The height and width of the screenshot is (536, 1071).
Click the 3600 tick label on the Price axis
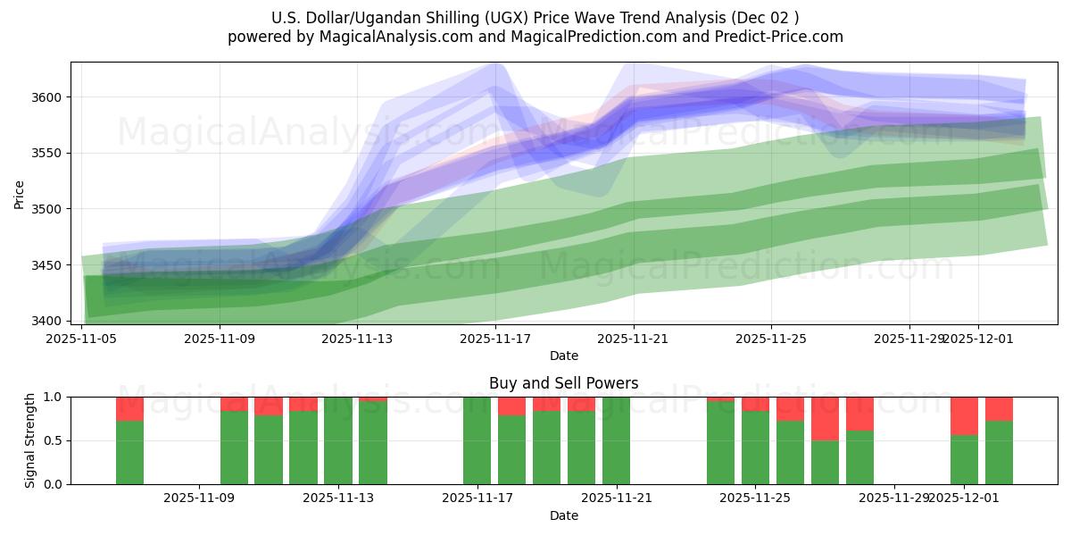46,97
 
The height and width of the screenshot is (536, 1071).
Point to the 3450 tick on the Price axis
46,265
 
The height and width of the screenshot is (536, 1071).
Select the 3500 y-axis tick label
46,209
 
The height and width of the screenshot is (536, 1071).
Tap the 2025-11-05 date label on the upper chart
82,339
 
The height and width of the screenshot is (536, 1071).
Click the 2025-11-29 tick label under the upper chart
909,339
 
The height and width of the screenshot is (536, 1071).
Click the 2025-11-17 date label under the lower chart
477,498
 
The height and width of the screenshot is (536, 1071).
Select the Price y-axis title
20,193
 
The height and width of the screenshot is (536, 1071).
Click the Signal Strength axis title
30,440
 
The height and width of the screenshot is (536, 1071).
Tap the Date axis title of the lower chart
563,515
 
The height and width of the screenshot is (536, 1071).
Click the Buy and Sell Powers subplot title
563,383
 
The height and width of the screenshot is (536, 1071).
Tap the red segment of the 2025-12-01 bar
964,415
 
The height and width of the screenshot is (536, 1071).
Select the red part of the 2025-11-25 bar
755,403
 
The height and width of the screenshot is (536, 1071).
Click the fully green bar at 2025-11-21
616,440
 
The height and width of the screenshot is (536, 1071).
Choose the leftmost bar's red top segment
129,408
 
